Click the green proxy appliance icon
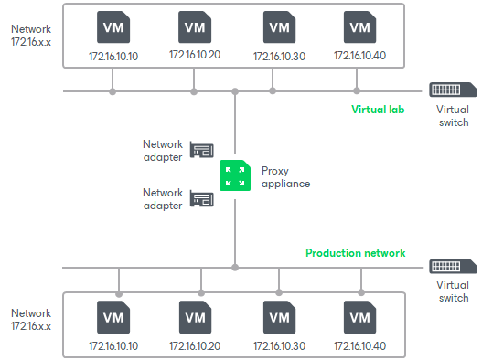[x=235, y=175]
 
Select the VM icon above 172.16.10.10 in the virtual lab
[x=113, y=27]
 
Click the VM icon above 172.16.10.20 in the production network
[x=195, y=318]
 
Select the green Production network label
[x=356, y=253]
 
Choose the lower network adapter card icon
[x=201, y=198]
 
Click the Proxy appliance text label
[x=285, y=176]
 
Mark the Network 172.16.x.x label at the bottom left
[x=31, y=319]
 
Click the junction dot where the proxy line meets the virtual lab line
[x=235, y=91]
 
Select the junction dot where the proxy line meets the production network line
[x=235, y=268]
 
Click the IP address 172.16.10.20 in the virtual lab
[x=195, y=56]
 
